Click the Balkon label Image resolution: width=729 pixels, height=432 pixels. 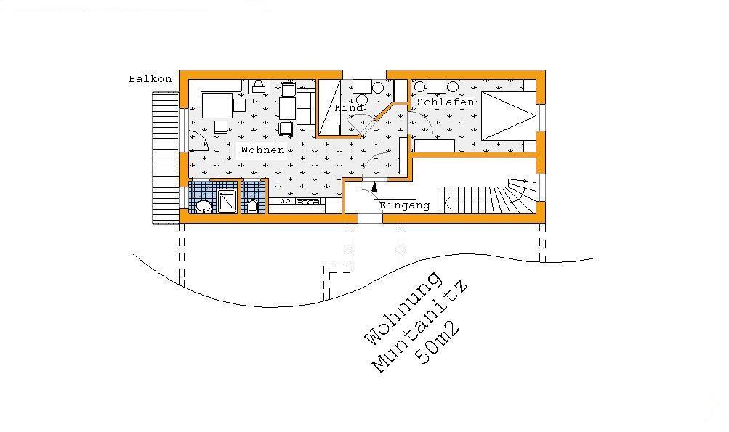click(150, 79)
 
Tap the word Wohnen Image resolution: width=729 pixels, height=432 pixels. click(262, 150)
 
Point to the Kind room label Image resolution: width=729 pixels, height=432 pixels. click(349, 107)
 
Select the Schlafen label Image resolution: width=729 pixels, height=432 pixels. click(446, 102)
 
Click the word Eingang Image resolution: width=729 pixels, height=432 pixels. click(405, 205)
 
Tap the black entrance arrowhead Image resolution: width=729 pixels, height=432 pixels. click(375, 187)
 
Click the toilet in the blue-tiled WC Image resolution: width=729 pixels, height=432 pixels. click(252, 205)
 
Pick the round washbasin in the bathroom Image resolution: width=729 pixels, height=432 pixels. click(204, 205)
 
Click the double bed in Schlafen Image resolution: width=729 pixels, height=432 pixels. click(509, 115)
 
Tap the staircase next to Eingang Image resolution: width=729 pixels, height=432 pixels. click(486, 196)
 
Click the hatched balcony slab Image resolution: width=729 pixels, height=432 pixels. click(166, 158)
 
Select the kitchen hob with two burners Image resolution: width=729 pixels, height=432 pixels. click(286, 201)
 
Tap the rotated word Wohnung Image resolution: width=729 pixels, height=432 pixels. click(403, 308)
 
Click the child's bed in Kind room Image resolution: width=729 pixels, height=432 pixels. click(329, 107)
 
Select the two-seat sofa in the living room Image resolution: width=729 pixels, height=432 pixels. click(306, 108)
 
